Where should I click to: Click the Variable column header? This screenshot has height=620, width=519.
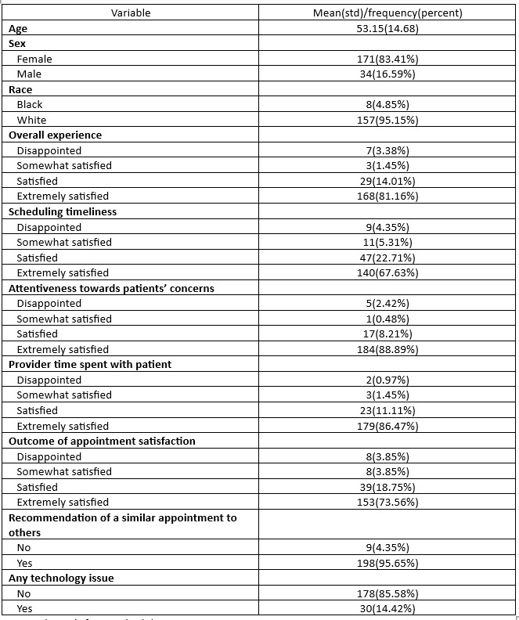click(131, 13)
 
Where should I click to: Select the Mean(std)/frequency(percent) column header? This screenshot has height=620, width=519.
click(387, 13)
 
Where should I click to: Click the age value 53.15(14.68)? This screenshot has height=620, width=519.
click(387, 28)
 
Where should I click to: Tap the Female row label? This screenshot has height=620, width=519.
click(34, 59)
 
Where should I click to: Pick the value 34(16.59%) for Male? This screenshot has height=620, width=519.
click(387, 74)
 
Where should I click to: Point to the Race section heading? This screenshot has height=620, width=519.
click(20, 89)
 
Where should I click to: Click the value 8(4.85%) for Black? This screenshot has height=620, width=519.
click(387, 104)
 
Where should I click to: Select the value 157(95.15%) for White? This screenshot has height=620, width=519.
click(387, 120)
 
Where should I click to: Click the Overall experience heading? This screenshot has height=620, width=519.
click(55, 135)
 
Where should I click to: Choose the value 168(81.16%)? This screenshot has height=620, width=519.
click(387, 196)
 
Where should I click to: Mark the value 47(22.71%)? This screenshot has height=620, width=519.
click(387, 258)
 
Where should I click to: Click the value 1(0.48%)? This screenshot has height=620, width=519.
click(387, 319)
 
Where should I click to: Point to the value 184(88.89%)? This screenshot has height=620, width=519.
click(387, 349)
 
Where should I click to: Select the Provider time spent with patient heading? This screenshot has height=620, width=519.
click(89, 364)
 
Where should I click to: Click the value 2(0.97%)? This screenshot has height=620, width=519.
click(387, 380)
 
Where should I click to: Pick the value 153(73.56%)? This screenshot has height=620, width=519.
click(387, 502)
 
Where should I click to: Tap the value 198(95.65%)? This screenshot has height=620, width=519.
click(387, 563)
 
